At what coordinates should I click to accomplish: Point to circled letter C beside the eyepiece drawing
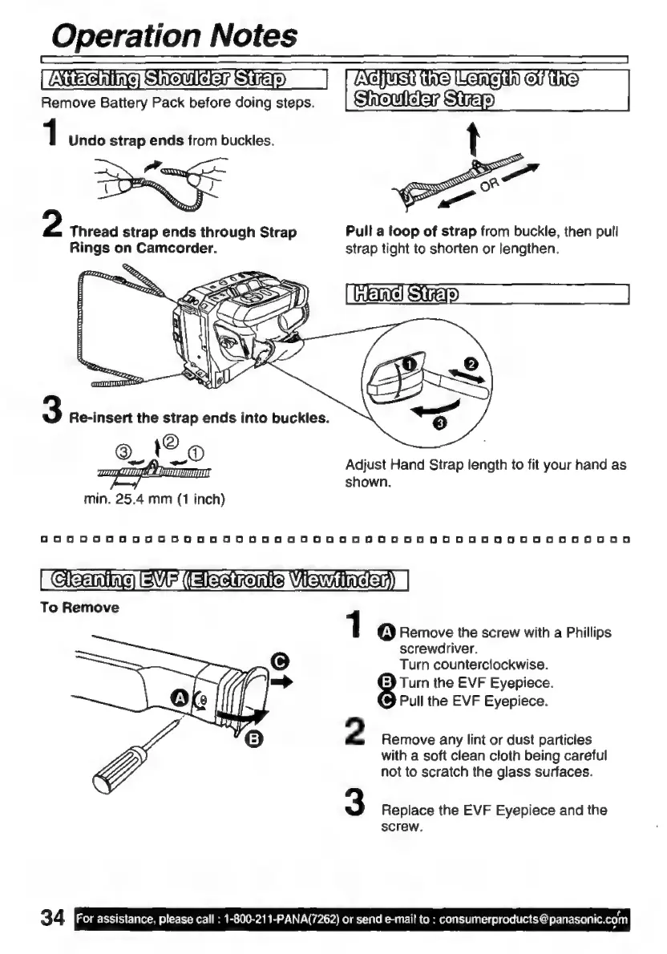coord(280,661)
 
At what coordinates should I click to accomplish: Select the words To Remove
coord(79,607)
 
